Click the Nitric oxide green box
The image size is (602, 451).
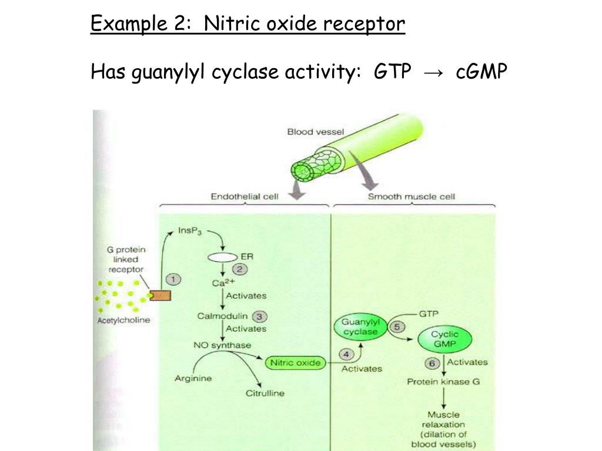[295, 363]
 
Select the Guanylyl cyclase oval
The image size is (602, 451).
[361, 328]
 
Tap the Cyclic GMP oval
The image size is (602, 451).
[445, 339]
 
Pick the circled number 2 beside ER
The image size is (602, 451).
[240, 269]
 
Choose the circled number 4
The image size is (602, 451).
[347, 354]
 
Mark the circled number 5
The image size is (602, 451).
[397, 327]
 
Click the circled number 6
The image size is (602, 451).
[432, 364]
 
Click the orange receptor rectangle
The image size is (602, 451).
[159, 295]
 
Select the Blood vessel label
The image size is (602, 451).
[316, 132]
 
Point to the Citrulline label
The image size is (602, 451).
[265, 393]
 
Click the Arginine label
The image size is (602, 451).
[193, 378]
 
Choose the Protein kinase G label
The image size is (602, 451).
[443, 382]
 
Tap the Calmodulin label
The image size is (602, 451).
[222, 316]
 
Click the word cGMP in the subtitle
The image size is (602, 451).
[481, 72]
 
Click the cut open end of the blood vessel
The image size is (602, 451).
[305, 173]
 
